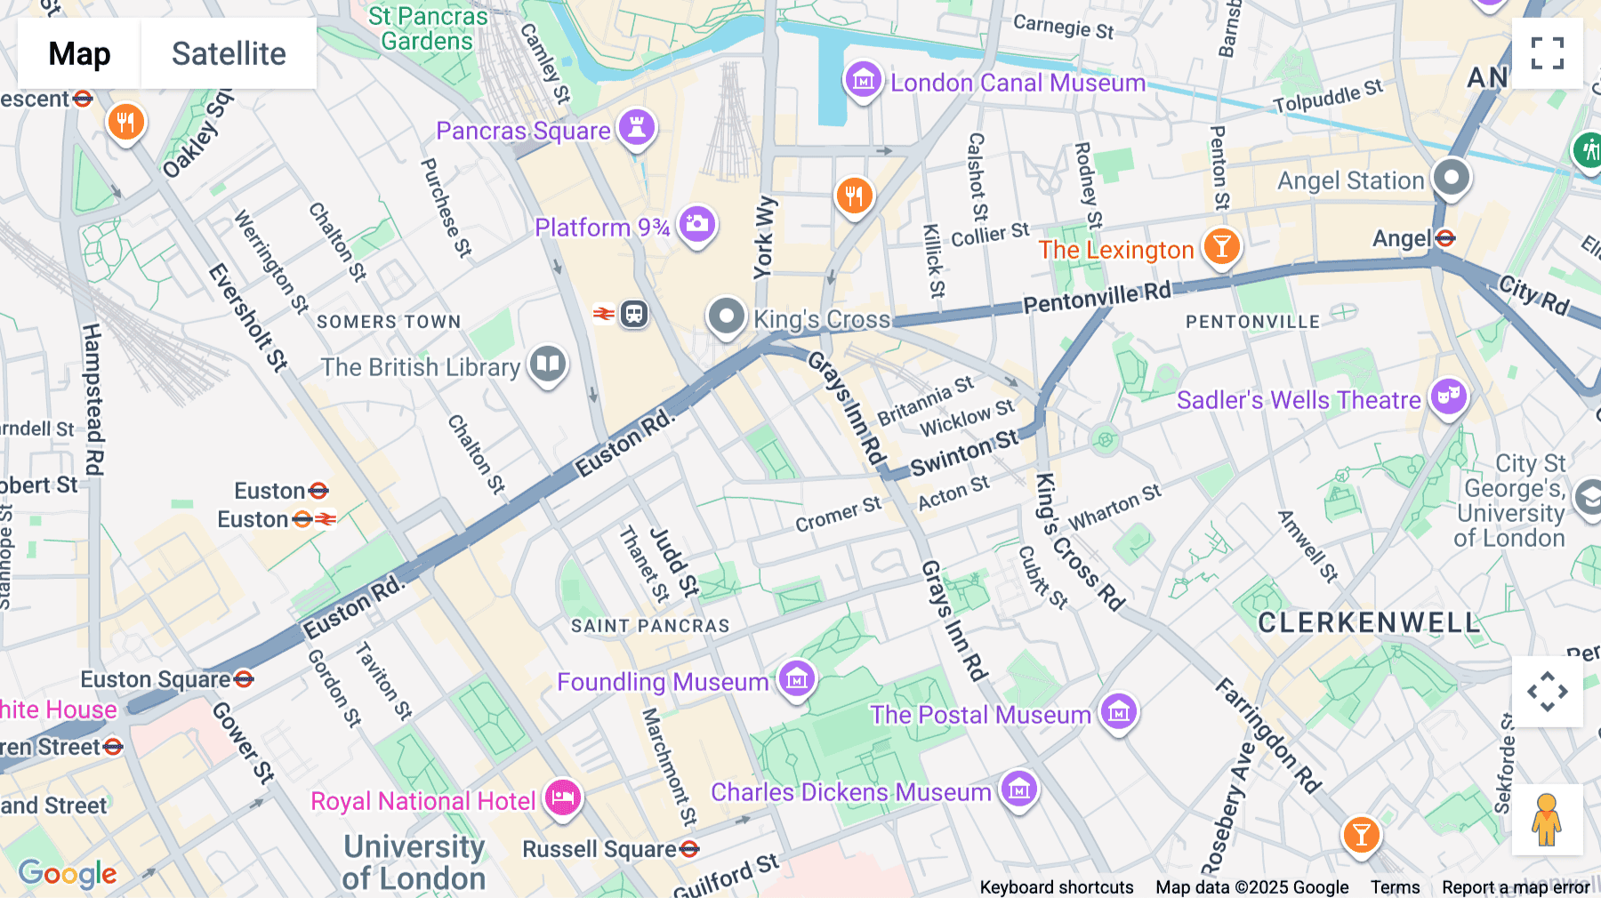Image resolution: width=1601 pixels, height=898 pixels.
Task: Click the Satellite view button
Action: click(229, 54)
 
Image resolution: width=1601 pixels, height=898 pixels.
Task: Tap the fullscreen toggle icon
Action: click(1547, 53)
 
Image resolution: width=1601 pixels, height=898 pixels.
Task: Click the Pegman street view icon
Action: click(1547, 820)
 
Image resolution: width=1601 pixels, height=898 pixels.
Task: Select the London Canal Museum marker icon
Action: click(863, 81)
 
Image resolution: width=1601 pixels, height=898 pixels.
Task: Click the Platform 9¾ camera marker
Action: click(697, 225)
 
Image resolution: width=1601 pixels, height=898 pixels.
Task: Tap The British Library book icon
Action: click(548, 365)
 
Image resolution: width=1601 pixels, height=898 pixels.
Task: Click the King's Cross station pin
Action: click(726, 317)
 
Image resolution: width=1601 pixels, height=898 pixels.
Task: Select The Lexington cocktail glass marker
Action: click(1221, 247)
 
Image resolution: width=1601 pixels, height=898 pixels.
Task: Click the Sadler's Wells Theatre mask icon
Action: click(1448, 397)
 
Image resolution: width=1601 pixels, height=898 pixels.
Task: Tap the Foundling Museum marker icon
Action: click(797, 680)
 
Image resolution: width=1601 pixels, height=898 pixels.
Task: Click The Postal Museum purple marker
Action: click(1119, 712)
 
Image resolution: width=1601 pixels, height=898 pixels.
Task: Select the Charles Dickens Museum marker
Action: click(1019, 789)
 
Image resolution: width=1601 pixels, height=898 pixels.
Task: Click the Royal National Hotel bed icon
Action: click(563, 798)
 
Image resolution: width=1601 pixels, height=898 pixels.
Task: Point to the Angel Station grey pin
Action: click(1452, 178)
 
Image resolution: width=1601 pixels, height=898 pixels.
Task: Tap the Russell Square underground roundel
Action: click(689, 849)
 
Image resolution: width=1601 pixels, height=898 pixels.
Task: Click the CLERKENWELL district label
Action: click(1369, 623)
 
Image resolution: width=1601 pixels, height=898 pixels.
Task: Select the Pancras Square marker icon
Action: click(637, 128)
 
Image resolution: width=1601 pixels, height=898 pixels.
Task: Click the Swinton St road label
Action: click(964, 453)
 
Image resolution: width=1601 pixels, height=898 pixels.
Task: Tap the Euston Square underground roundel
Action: click(244, 680)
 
